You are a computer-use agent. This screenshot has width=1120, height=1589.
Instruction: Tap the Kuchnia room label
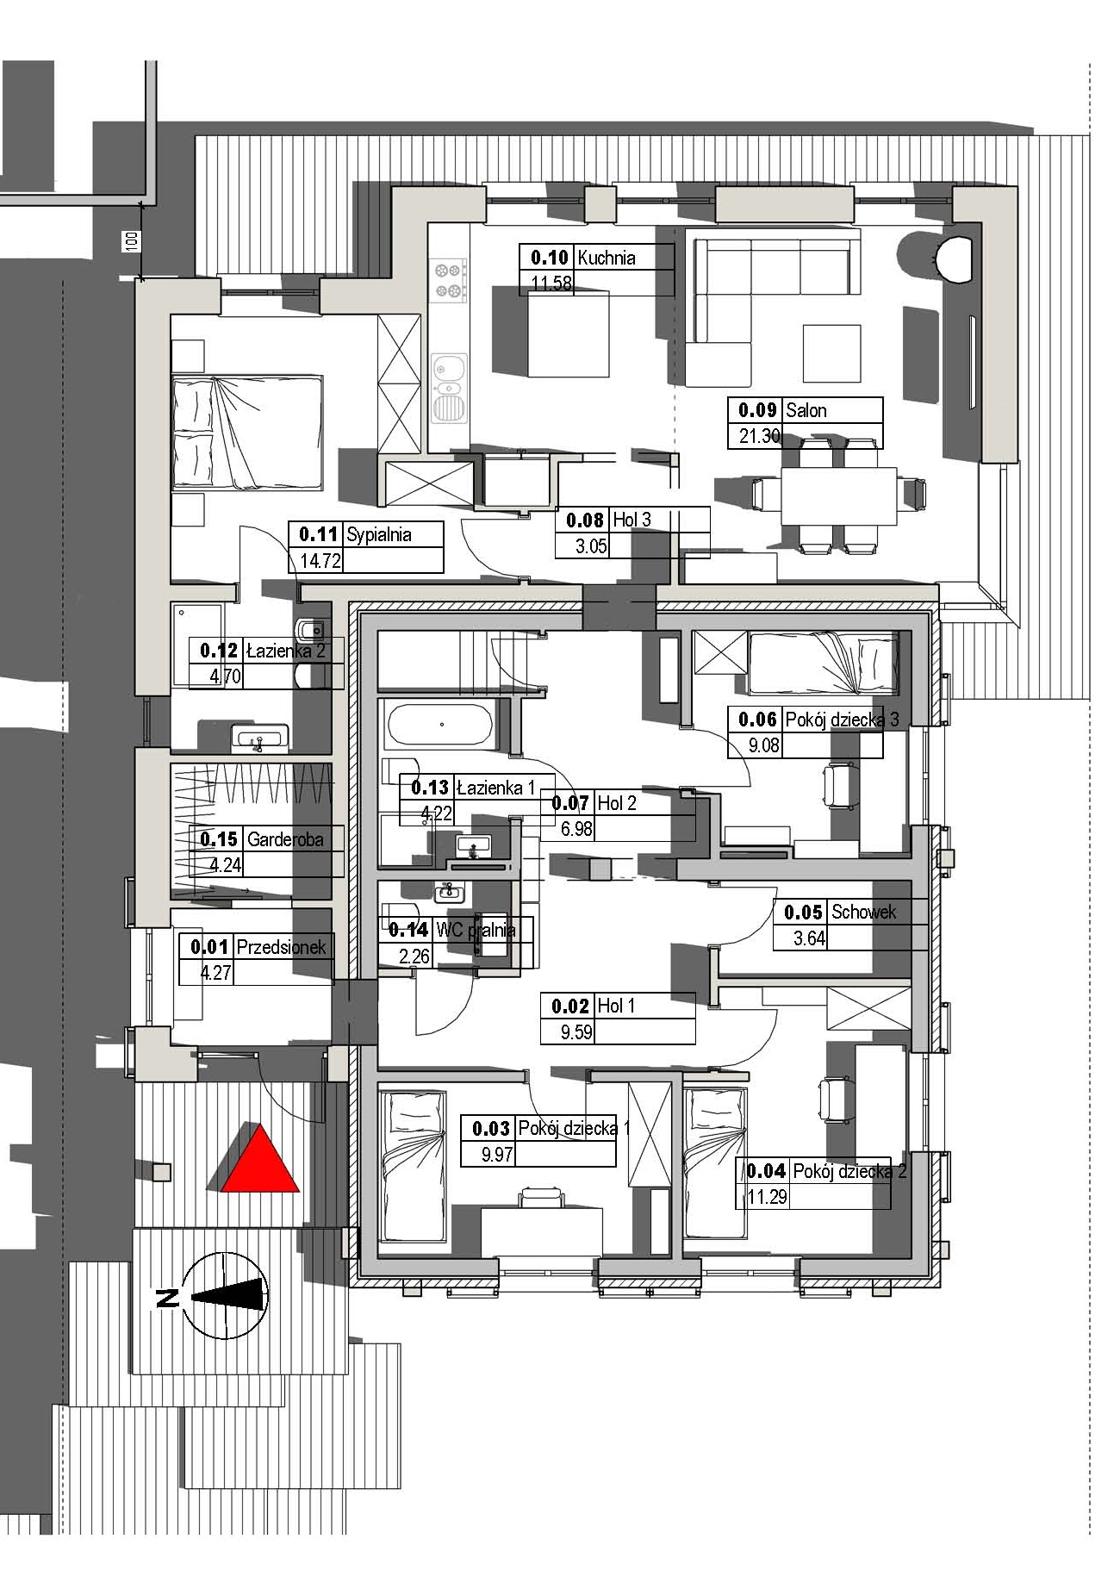pyautogui.click(x=607, y=258)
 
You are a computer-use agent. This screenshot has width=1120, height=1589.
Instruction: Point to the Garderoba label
pyautogui.click(x=285, y=839)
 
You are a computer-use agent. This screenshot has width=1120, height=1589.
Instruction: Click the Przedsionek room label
pyautogui.click(x=282, y=947)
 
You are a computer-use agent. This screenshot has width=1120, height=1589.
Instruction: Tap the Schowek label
pyautogui.click(x=863, y=912)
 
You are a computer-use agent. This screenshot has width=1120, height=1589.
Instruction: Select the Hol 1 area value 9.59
pyautogui.click(x=576, y=1031)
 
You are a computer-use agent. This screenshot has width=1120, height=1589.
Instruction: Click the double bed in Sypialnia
pyautogui.click(x=247, y=432)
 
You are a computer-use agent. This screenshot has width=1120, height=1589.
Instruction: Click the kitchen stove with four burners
pyautogui.click(x=449, y=281)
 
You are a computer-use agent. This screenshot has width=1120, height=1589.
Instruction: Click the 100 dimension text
pyautogui.click(x=131, y=241)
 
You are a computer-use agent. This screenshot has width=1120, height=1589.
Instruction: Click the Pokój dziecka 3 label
pyautogui.click(x=842, y=719)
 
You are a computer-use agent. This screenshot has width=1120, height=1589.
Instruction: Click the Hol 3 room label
pyautogui.click(x=632, y=520)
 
